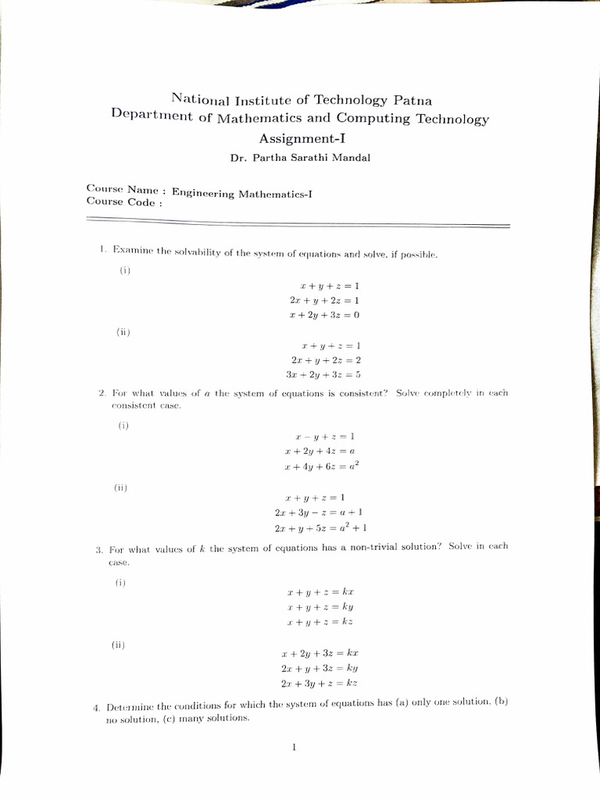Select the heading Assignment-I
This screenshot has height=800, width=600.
(302, 138)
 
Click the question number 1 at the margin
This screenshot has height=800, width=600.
(102, 249)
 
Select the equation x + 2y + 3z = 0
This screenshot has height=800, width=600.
(323, 315)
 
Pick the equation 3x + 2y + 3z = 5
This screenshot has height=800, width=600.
(323, 374)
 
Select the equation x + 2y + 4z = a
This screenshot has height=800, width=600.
(320, 451)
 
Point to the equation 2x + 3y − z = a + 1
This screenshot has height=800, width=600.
(318, 512)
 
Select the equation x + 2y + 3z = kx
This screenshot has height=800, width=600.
(320, 652)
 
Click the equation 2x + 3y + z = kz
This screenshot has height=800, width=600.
(320, 683)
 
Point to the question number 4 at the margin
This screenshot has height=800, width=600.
(95, 708)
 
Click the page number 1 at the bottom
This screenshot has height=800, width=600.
(294, 748)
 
